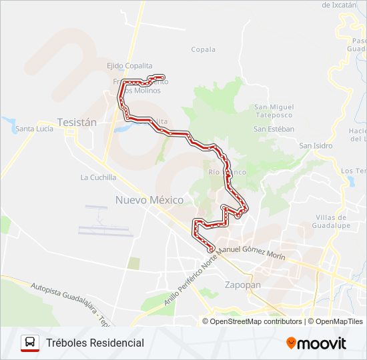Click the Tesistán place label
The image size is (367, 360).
pyautogui.click(x=77, y=123)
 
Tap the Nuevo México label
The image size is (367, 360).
pyautogui.click(x=149, y=199)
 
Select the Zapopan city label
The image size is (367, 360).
pyautogui.click(x=243, y=285)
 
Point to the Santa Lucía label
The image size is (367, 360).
pyautogui.click(x=35, y=129)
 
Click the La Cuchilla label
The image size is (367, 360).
pyautogui.click(x=98, y=177)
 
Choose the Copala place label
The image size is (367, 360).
pyautogui.click(x=204, y=49)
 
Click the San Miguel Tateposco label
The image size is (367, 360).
pyautogui.click(x=274, y=111)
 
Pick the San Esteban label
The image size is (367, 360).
pyautogui.click(x=274, y=129)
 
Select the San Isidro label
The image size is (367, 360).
pyautogui.click(x=316, y=145)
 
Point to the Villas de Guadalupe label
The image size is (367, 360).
pyautogui.click(x=332, y=221)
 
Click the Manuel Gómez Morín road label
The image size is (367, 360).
pyautogui.click(x=252, y=253)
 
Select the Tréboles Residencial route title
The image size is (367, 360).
pyautogui.click(x=95, y=343)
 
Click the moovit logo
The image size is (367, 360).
pyautogui.click(x=316, y=343)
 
